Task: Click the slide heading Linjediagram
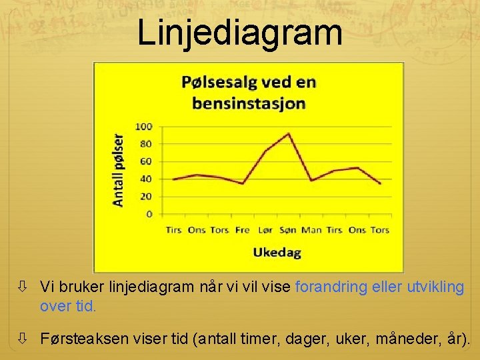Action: click(240, 33)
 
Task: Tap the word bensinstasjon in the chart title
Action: click(249, 103)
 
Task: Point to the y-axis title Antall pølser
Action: click(118, 171)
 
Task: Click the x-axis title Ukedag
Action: click(277, 252)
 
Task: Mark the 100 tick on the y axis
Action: click(144, 127)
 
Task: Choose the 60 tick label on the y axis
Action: click(146, 161)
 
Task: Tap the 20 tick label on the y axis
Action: click(146, 197)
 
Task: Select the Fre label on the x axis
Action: click(243, 230)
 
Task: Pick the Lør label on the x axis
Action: click(265, 230)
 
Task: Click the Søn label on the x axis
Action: click(288, 230)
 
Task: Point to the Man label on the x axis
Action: click(311, 230)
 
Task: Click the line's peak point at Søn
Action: click(289, 133)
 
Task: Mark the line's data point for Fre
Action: click(243, 183)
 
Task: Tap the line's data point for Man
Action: click(311, 181)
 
